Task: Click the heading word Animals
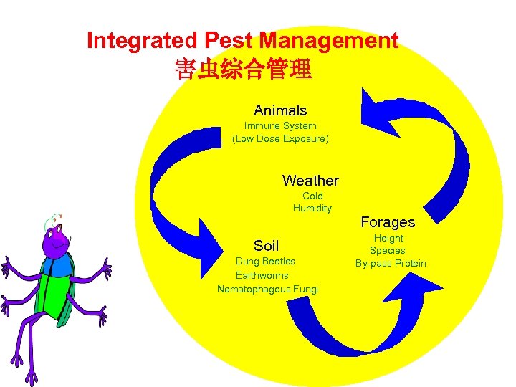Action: (279, 110)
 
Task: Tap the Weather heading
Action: (310, 181)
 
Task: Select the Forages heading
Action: (388, 222)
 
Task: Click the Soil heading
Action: (267, 246)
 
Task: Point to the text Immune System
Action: (279, 125)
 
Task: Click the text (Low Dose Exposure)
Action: (280, 138)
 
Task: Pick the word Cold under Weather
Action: (312, 196)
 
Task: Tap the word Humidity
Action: (312, 209)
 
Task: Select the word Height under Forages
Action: (388, 238)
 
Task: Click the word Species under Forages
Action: (388, 251)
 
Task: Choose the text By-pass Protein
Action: (391, 264)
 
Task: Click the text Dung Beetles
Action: (265, 262)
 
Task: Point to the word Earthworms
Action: (262, 275)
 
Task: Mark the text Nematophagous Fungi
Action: (267, 289)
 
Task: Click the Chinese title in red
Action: (242, 70)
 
